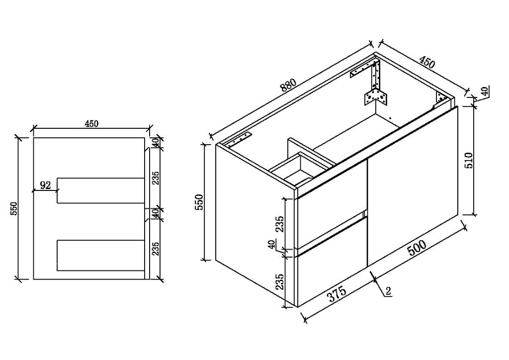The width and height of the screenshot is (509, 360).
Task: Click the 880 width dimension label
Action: point(288,86)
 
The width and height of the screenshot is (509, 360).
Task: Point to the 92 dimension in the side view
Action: point(45,185)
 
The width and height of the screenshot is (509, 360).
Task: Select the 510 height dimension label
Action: point(469,161)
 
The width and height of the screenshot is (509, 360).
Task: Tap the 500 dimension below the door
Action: point(417,248)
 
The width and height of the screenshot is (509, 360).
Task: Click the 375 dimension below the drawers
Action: point(337,294)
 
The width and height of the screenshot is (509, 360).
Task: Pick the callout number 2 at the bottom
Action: point(389,291)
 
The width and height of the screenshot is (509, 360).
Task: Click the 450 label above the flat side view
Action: point(91,124)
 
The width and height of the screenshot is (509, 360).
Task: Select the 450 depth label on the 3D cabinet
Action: point(426,63)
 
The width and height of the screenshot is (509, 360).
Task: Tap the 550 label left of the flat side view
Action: point(13,209)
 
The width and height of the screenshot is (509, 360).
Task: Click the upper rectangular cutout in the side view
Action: point(100,190)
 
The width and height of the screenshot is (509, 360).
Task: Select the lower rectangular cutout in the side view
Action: point(100,255)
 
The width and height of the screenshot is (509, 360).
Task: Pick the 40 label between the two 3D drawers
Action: point(272,244)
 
